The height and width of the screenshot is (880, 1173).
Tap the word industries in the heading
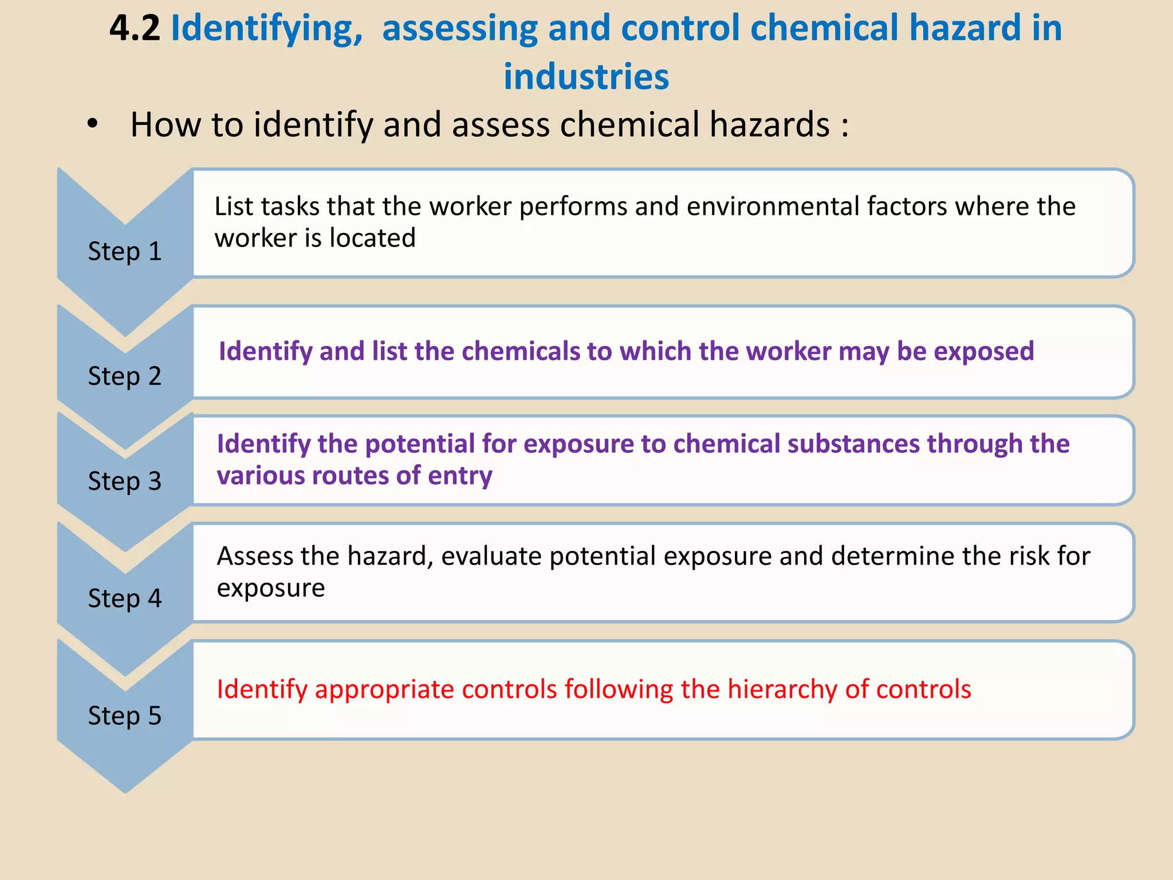(586, 76)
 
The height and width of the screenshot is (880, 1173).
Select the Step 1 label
(125, 252)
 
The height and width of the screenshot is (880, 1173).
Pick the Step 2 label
(125, 376)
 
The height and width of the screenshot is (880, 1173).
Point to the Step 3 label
(125, 481)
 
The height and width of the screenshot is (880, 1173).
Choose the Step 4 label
(125, 599)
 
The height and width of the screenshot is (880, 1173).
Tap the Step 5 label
(125, 716)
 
